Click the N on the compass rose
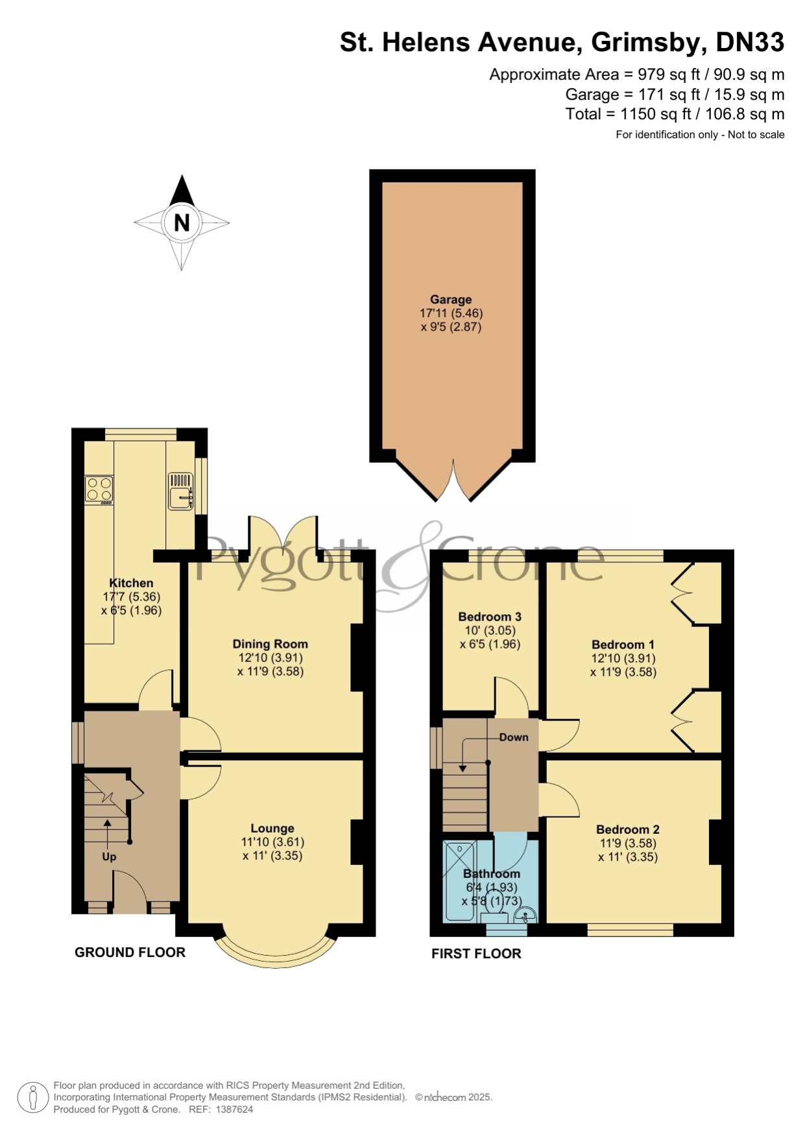tap(182, 222)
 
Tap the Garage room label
tap(451, 300)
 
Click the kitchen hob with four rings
tap(99, 490)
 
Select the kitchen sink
tap(181, 491)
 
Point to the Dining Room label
tap(270, 644)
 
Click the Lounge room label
tap(272, 828)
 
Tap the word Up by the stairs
tap(109, 857)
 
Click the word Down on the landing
tap(514, 737)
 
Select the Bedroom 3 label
tap(490, 617)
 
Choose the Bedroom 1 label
tap(623, 645)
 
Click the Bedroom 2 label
tap(628, 829)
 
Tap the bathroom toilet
tap(494, 906)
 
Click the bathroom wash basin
tap(524, 915)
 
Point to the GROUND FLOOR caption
tap(130, 952)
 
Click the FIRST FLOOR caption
tap(476, 953)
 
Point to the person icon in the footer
tap(32, 1098)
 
